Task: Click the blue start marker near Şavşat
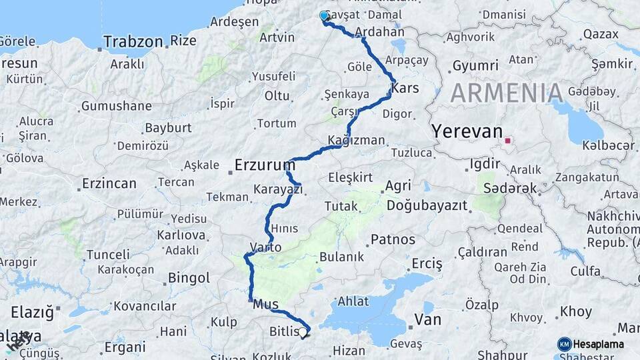pos(325,16)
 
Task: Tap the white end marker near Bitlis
pos(303,331)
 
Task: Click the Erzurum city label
pos(265,164)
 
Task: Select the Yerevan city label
pos(467,131)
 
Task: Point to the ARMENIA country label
pos(507,93)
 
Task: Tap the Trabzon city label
pos(133,41)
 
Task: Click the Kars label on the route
pos(405,88)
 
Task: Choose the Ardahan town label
pos(380,31)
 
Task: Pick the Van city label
pos(427,320)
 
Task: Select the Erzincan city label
pos(109,183)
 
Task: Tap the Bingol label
pos(189,277)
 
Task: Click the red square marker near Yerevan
pos(508,141)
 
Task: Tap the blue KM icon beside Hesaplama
pos(565,344)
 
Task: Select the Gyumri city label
pos(475,65)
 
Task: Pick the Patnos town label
pos(393,239)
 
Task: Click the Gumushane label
pos(117,106)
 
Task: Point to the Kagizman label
pos(357,141)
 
